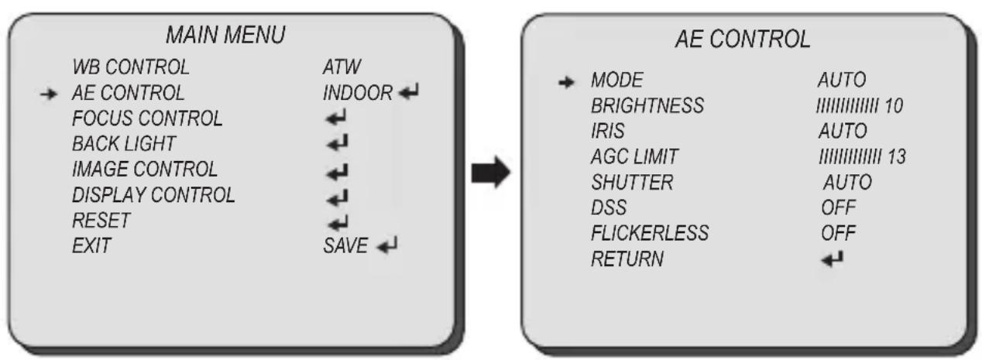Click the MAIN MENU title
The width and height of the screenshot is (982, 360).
[226, 35]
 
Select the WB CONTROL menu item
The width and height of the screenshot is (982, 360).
[131, 67]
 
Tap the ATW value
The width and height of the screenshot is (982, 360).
[342, 67]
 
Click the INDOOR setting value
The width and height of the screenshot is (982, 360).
[358, 93]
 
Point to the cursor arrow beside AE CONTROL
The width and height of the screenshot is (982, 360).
[48, 94]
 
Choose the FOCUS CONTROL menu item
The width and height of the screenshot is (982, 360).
[147, 118]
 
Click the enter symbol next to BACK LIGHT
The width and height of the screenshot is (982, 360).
[337, 143]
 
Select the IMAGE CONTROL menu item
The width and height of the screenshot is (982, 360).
[145, 170]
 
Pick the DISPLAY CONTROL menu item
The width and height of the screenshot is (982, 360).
[153, 195]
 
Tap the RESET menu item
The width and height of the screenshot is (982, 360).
[101, 221]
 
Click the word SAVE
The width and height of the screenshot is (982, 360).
[345, 245]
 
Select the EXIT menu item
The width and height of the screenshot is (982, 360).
[91, 245]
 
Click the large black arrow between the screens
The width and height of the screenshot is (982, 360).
[491, 172]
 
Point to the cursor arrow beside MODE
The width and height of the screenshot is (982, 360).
[566, 82]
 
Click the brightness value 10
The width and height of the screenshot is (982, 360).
[894, 105]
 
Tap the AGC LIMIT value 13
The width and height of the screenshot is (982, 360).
[897, 157]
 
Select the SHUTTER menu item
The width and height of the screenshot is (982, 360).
[632, 183]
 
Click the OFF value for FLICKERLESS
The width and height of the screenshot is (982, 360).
[838, 233]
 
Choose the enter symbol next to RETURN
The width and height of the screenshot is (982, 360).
[832, 259]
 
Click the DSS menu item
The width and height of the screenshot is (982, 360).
[609, 207]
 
